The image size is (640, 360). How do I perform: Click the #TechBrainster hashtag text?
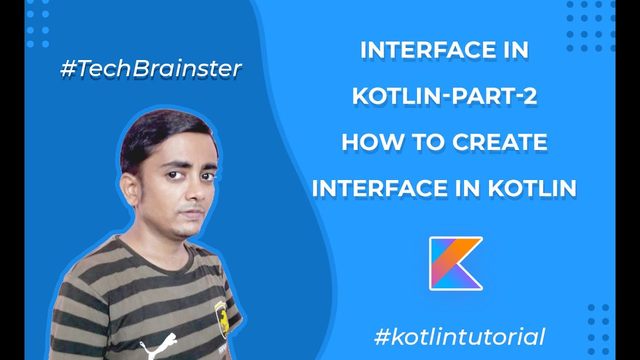[x=151, y=69]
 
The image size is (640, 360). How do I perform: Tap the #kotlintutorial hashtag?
[x=459, y=336]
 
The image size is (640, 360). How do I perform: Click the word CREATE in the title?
[x=499, y=142]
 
